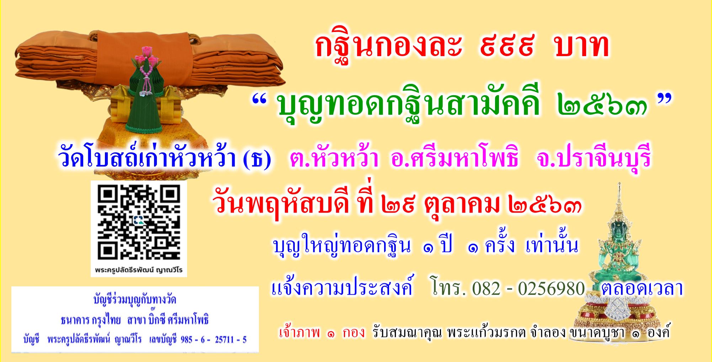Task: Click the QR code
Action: [139, 223]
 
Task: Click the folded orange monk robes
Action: [149, 57]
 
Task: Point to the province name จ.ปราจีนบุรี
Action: [595, 159]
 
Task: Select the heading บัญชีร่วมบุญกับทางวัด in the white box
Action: [135, 301]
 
